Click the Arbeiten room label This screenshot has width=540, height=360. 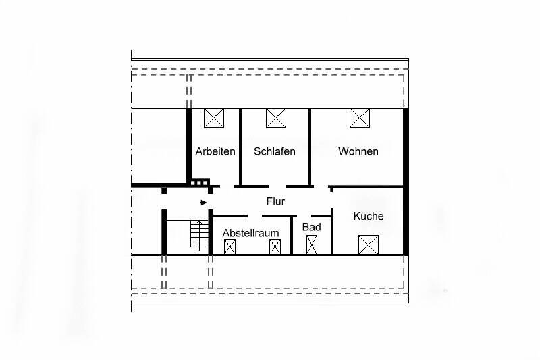pos(215,151)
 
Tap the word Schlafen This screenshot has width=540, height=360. pos(275,151)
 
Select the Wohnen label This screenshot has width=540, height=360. pos(358,151)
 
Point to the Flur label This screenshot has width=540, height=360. pos(275,201)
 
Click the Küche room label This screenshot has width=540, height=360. pos(369,216)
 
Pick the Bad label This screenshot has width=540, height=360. pos(311,227)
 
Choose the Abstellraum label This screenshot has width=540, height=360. pos(251,233)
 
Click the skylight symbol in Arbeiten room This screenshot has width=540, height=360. pos(214,118)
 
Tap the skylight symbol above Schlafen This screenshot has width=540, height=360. pos(276,118)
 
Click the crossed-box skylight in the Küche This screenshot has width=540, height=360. pos(369,244)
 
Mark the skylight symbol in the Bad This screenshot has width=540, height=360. pos(312,245)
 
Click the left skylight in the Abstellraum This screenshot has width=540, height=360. pos(230,247)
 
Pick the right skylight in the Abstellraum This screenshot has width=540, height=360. pos(275,247)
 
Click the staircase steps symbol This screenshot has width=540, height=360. pos(198,236)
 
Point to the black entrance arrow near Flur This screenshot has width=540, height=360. pos(204,202)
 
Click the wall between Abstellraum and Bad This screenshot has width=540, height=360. pos(292,235)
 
